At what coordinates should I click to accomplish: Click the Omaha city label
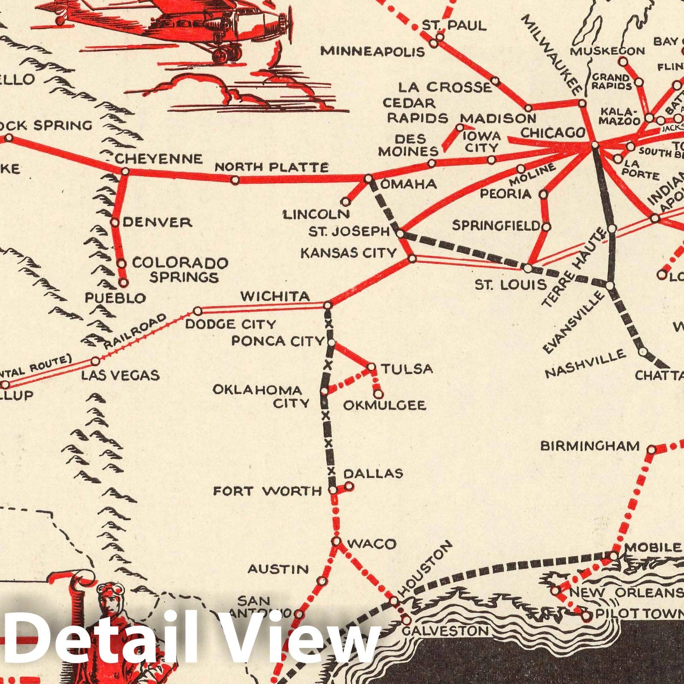pos(408,184)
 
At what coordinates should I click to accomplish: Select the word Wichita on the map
pos(275,296)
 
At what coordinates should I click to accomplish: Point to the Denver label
pos(157,222)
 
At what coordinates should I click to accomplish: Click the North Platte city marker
pos(235,180)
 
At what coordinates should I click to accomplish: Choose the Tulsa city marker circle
pos(371,367)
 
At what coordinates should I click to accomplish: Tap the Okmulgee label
pos(385,405)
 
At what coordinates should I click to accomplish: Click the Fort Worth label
pos(267,491)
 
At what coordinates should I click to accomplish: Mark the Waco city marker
pos(337,542)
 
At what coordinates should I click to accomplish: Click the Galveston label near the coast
pos(446,631)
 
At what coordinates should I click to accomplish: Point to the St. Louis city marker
pos(528,268)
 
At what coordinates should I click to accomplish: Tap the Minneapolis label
pos(373,52)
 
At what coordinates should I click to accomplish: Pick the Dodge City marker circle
pos(198,311)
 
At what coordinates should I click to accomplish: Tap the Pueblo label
pos(115,298)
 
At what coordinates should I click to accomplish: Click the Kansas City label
pos(348,253)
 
